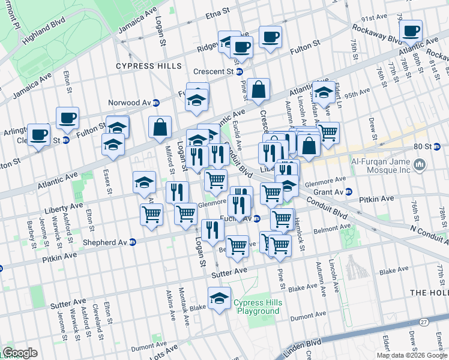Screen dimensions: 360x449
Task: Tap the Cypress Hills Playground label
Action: point(258,307)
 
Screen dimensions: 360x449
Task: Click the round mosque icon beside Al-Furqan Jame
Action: point(420,164)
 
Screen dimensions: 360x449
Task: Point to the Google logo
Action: point(20,353)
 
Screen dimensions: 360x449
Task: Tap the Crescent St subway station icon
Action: point(239,71)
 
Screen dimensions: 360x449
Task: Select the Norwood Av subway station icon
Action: point(155,102)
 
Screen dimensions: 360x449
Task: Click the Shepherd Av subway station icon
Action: point(133,242)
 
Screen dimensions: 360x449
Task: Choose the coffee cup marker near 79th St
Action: point(411,31)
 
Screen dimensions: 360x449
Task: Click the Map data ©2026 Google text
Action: point(412,355)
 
